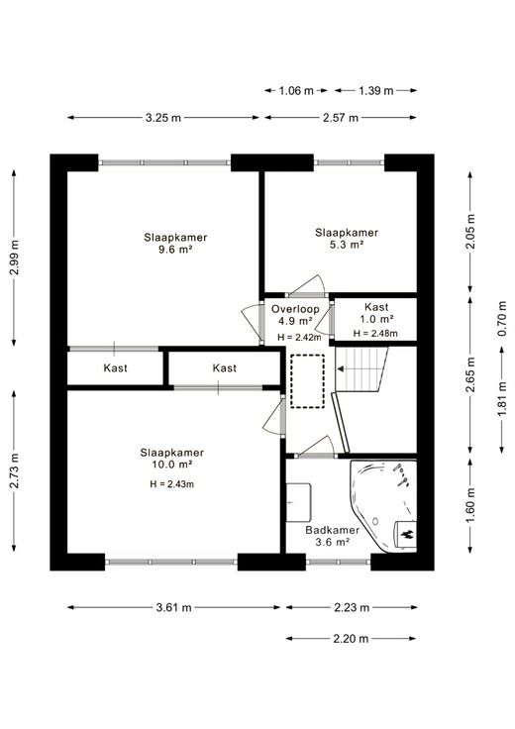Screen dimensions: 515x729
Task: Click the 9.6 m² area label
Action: pos(175,250)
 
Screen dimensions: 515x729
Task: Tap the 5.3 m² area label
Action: pos(347,245)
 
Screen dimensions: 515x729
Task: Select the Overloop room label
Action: pos(295,309)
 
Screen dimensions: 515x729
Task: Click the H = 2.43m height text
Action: pos(171,484)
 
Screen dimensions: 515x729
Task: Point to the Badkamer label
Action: pos(333,530)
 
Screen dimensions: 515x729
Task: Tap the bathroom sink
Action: pos(298,502)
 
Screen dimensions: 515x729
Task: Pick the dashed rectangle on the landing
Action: pos(307,381)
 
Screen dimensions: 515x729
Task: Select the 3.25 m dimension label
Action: pos(163,118)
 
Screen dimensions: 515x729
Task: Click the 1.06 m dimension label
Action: pos(296,91)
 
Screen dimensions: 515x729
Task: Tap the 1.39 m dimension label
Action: pos(375,91)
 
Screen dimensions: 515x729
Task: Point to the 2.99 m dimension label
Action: pos(15,258)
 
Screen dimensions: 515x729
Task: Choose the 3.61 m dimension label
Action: pos(174,607)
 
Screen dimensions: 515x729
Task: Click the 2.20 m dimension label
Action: pos(351,638)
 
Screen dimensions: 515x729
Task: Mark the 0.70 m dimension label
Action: pos(502,319)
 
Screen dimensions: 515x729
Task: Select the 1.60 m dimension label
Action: pos(469,505)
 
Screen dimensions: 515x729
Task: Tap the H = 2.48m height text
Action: pos(375,334)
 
